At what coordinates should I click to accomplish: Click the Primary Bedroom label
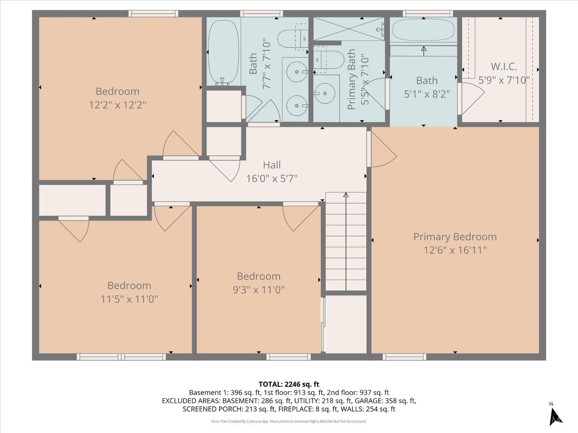[455, 237]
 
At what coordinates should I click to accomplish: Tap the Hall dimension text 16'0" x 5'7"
[272, 179]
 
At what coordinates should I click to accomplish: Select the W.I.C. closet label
[504, 67]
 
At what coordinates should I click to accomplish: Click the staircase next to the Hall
[346, 242]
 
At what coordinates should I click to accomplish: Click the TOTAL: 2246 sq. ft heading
[289, 384]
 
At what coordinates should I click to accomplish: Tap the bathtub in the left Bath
[223, 52]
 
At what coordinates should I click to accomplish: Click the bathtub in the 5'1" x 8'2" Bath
[423, 30]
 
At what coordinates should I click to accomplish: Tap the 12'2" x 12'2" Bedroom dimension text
[118, 105]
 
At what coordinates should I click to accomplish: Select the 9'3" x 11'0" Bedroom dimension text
[259, 289]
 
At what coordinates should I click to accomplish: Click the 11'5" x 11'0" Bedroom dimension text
[129, 299]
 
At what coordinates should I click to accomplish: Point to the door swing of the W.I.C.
[472, 99]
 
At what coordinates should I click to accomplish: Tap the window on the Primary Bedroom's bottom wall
[404, 357]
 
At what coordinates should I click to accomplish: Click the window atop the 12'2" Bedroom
[153, 13]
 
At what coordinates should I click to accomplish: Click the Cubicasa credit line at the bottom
[289, 421]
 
